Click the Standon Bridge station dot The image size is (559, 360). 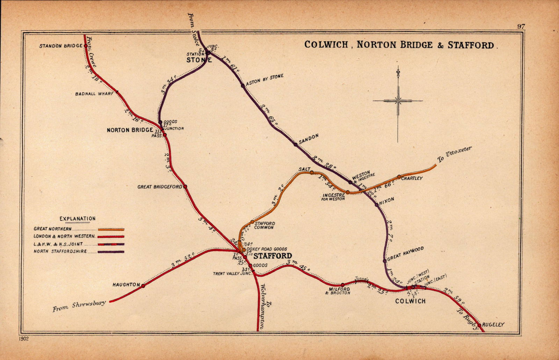coord(86,46)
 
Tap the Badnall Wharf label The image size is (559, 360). coord(94,94)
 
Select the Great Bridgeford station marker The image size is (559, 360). coord(185,187)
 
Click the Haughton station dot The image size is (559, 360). coord(143,286)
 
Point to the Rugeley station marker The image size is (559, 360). coord(479,325)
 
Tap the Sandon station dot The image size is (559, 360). coord(296,144)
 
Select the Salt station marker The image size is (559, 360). coord(311,172)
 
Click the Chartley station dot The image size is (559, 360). coord(399,177)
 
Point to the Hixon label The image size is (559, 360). coord(387,200)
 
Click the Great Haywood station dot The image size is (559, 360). coord(385,261)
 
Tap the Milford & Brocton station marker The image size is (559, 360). coord(343,285)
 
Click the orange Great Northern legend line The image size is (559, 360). coord(111,230)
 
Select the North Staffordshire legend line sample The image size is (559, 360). coord(111,252)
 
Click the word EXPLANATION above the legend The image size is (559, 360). coord(78,219)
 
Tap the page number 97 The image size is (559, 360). coord(521,26)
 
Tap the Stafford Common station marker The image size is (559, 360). coord(252,222)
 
